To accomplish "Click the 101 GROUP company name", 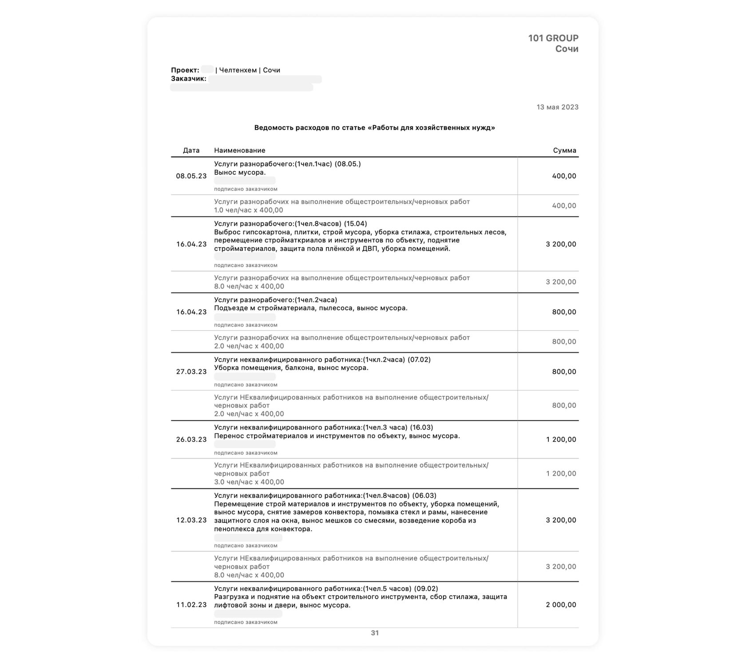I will (x=553, y=38).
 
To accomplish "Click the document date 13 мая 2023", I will (x=557, y=107).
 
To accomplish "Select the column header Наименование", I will (x=239, y=150).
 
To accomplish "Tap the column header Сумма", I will (x=564, y=150).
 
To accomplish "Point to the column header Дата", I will (x=191, y=150).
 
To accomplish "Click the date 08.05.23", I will (x=191, y=176).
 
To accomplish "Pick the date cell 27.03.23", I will (x=191, y=372).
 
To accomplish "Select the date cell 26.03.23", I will (x=191, y=440).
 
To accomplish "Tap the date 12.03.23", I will (x=191, y=520).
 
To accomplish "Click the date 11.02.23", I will (x=191, y=605).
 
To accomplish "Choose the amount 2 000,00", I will (x=561, y=605).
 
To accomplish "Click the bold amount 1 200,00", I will (x=561, y=440).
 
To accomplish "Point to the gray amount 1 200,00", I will (x=561, y=474).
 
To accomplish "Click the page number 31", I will (x=375, y=633).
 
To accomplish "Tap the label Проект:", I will (x=185, y=70).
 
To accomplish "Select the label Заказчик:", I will (x=188, y=79).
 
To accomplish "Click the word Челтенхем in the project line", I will (x=238, y=70).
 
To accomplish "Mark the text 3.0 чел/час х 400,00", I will (x=249, y=482).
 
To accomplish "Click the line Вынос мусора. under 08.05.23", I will (x=240, y=172).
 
